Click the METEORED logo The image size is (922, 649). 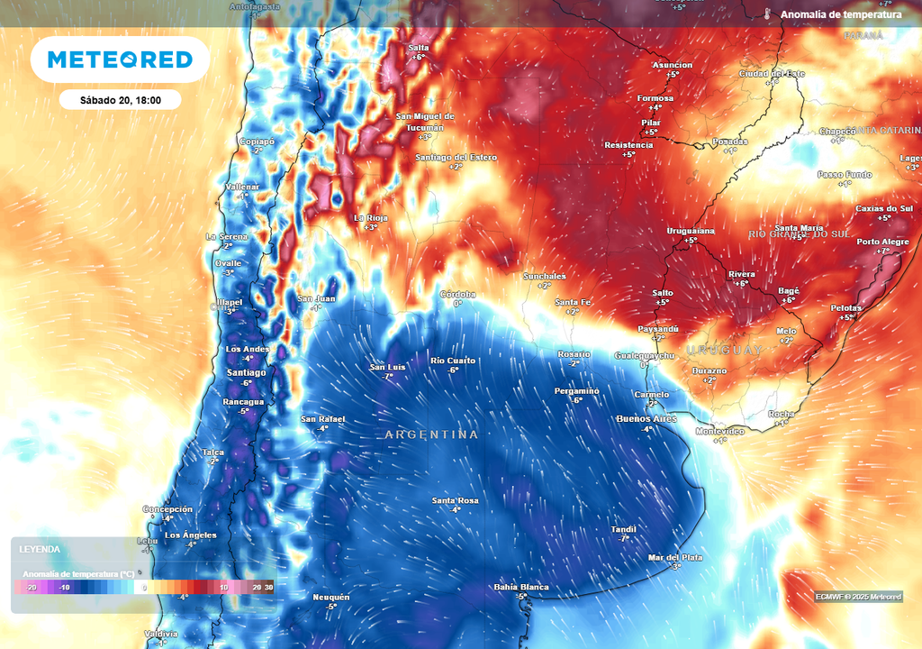tap(120, 59)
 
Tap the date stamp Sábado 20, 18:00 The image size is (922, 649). tap(120, 100)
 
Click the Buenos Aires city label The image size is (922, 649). tap(646, 419)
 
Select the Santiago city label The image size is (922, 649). tap(246, 372)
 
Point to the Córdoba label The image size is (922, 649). tap(457, 294)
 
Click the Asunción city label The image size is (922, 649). tap(673, 65)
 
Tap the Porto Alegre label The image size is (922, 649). tap(881, 242)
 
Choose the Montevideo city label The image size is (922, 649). tap(720, 431)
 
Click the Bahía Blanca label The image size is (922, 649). tap(521, 588)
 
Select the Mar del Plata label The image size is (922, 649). tap(675, 557)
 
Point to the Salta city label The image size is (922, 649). tap(419, 47)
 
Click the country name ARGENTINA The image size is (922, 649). tap(431, 434)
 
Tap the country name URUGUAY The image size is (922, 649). tap(724, 349)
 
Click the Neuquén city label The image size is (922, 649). tap(330, 597)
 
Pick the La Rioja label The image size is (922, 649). tap(371, 217)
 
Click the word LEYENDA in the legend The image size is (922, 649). tap(40, 549)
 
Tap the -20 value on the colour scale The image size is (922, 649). tap(32, 588)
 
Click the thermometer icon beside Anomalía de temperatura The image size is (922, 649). tap(767, 14)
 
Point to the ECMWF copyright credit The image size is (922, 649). tap(858, 597)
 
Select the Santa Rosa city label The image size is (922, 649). tap(456, 500)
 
